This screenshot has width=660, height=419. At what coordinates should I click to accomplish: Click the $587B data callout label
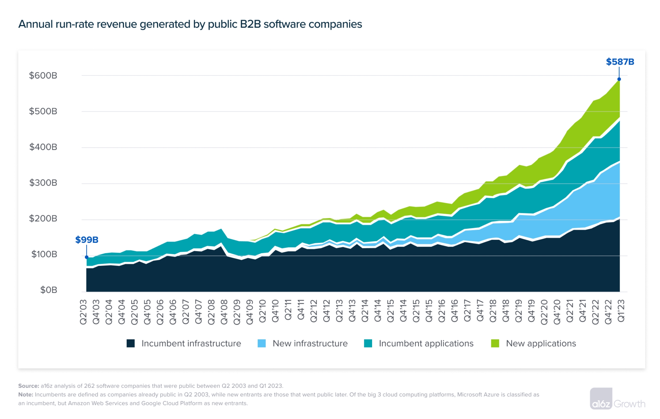(620, 62)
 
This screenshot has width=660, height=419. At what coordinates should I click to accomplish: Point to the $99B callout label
(87, 240)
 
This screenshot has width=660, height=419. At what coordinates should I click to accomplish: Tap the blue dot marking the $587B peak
(619, 79)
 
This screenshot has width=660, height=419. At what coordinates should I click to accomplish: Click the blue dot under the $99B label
(87, 257)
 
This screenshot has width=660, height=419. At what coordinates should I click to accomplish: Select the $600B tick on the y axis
(43, 76)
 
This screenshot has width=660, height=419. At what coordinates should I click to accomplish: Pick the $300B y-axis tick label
(43, 183)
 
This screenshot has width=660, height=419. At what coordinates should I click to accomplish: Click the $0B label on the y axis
(48, 290)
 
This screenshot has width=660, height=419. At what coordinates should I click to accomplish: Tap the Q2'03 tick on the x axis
(83, 312)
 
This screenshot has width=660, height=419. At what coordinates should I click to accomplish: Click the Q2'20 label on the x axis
(544, 312)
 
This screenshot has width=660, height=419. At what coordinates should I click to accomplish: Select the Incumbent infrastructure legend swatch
(131, 343)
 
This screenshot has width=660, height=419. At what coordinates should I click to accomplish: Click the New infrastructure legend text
(310, 343)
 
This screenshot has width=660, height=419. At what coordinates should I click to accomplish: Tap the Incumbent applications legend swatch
(368, 343)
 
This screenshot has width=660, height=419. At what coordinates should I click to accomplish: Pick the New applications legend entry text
(541, 343)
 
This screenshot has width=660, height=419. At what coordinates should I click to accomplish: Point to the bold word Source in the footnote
(29, 386)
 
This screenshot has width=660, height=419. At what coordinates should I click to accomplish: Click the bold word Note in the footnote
(26, 394)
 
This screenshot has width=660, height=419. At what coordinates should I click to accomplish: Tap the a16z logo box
(601, 399)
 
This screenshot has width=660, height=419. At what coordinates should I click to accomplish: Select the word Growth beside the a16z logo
(629, 404)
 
